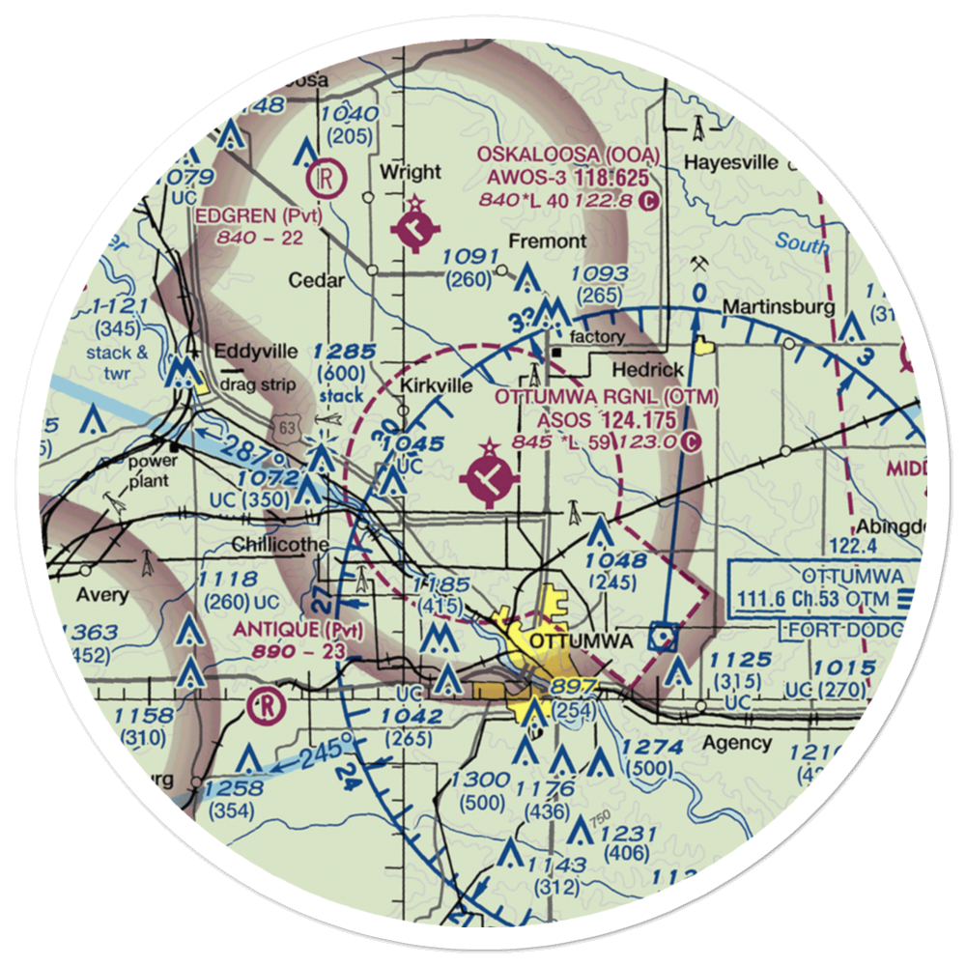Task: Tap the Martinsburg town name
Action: click(767, 308)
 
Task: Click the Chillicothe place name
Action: click(280, 546)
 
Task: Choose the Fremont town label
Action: click(547, 241)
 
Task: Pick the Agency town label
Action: click(737, 743)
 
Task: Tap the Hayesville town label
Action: click(731, 162)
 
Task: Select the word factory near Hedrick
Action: click(597, 337)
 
